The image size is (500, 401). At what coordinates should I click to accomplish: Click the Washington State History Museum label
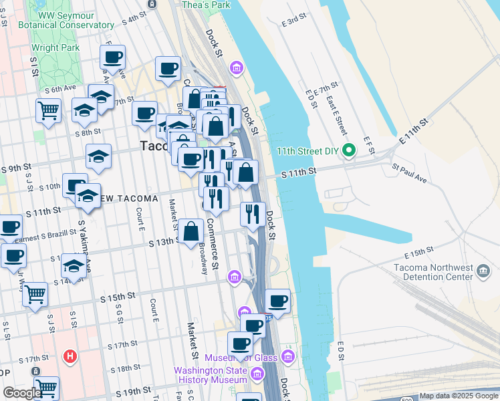[211, 375]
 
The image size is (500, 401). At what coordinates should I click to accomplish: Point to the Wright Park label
[55, 47]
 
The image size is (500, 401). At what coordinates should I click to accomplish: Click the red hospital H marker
[69, 356]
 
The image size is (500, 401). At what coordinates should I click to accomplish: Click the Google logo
[22, 393]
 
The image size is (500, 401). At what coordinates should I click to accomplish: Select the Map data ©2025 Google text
[459, 396]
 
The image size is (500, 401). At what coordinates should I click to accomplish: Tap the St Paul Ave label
[409, 174]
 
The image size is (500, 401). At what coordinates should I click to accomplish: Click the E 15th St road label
[419, 254]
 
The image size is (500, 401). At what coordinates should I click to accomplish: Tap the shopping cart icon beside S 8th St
[48, 110]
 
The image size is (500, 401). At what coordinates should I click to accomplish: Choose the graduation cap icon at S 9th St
[99, 156]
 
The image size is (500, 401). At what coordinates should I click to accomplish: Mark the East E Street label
[336, 110]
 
